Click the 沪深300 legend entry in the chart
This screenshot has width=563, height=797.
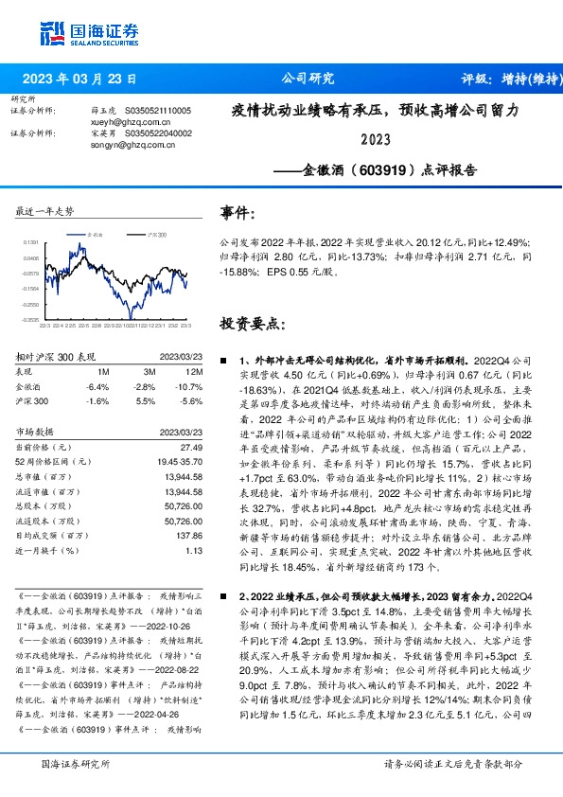click(x=157, y=233)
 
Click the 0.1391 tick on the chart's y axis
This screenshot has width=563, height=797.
click(x=31, y=243)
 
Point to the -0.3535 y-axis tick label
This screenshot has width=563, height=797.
click(x=31, y=319)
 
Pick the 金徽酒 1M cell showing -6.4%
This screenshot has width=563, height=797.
click(x=98, y=386)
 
